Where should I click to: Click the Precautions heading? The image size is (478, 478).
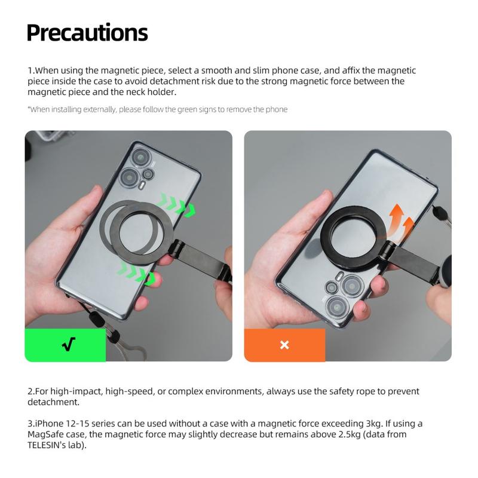point(87,33)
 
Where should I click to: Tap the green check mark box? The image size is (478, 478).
point(65,345)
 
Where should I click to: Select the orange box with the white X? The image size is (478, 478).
point(284,345)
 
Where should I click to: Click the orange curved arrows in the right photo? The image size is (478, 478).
point(400,220)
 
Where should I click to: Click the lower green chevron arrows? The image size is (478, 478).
point(137,273)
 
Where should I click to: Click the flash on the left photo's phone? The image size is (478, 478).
point(142,185)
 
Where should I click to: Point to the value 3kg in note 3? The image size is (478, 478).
point(374,424)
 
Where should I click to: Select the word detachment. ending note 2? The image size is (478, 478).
point(53,402)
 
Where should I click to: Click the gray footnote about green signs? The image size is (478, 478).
point(157,109)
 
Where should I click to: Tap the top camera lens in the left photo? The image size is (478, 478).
point(140,157)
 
